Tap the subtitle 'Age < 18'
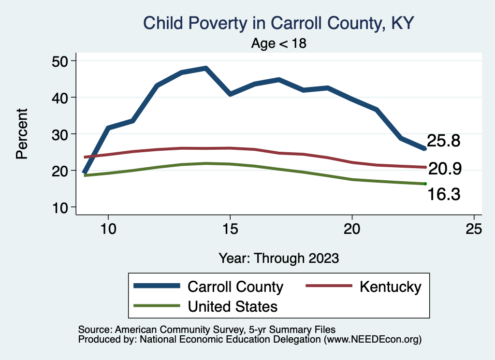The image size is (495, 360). [279, 43]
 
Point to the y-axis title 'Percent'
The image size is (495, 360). [22, 134]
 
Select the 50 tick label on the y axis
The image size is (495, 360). [60, 61]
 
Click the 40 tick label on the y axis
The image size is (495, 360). [60, 97]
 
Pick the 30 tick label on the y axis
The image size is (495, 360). [60, 134]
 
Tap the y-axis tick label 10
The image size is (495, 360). [60, 207]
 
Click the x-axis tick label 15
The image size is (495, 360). [230, 229]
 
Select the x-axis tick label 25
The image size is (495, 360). [474, 229]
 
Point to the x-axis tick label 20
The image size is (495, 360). [352, 229]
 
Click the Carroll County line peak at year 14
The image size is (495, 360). [206, 69]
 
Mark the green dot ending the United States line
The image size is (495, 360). [425, 184]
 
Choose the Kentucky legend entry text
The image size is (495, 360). [390, 287]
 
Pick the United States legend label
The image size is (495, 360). [233, 306]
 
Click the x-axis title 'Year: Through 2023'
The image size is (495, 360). [278, 258]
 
